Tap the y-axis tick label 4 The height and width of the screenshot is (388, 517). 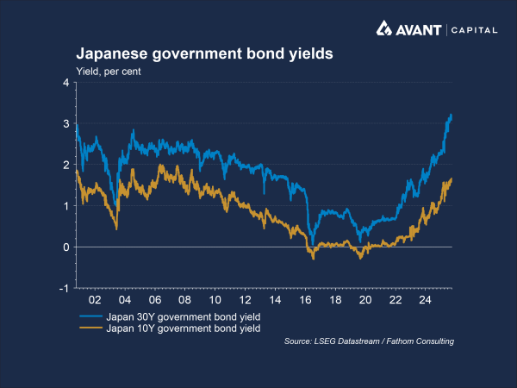(x=65, y=83)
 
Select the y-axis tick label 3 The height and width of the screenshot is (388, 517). (x=65, y=124)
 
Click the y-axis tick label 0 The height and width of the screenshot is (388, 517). (x=65, y=247)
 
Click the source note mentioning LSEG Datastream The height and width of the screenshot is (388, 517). (x=369, y=342)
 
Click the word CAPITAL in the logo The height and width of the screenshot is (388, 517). (x=475, y=30)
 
